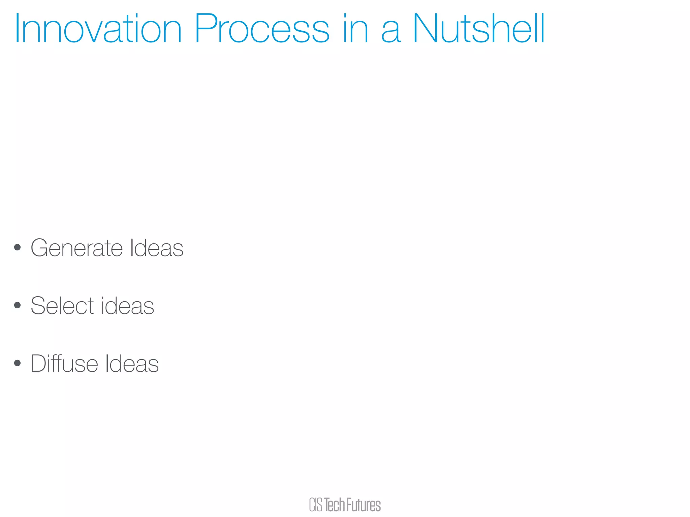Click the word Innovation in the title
tap(98, 29)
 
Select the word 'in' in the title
tap(355, 29)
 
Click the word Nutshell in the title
tap(478, 29)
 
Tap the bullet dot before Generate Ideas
tap(18, 248)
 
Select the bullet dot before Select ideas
tap(18, 306)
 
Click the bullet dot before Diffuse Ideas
tap(18, 363)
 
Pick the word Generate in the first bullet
tap(77, 248)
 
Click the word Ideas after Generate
tap(157, 248)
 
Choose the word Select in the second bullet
tap(62, 306)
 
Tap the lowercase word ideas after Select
tap(127, 306)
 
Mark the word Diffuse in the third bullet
tap(64, 364)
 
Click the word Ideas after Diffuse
tap(132, 364)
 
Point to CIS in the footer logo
tap(316, 505)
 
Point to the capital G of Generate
tap(39, 248)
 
